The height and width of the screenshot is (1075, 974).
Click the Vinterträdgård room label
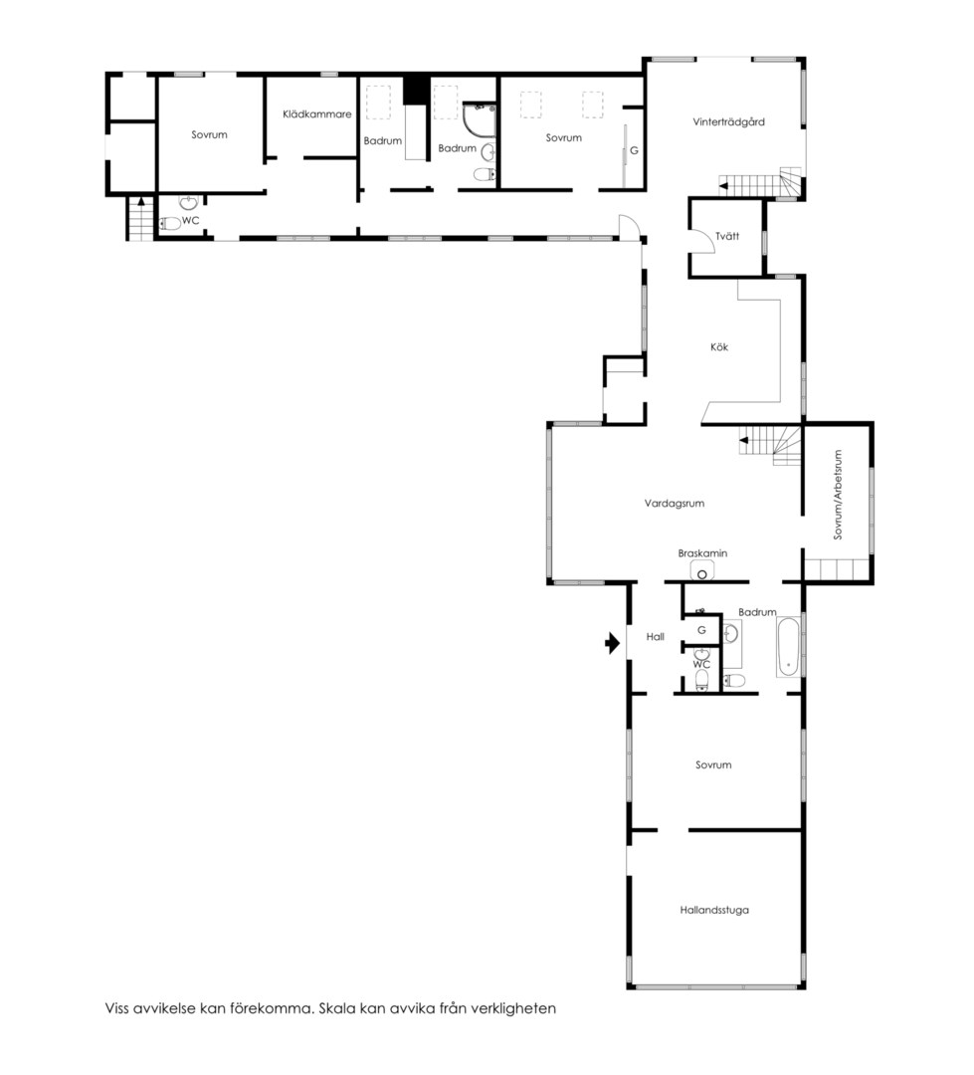click(x=728, y=122)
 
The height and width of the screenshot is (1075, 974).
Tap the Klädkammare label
click(x=316, y=113)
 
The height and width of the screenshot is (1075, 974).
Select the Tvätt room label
click(x=727, y=236)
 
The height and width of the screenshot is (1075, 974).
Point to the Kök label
click(x=719, y=347)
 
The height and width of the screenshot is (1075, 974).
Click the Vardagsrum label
click(x=674, y=504)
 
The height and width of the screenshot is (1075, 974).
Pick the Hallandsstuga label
click(x=714, y=911)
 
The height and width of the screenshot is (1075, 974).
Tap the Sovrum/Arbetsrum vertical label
click(x=837, y=495)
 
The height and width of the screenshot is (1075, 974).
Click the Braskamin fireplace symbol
click(x=701, y=571)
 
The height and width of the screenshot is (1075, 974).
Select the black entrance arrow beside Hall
click(x=612, y=644)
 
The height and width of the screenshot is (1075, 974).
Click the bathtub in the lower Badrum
click(x=788, y=648)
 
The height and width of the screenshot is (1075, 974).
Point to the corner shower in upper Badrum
click(x=480, y=119)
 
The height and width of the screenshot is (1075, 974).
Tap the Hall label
click(x=656, y=637)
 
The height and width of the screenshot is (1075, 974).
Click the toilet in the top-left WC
click(x=170, y=224)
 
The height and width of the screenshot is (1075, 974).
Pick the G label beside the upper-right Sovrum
click(x=634, y=151)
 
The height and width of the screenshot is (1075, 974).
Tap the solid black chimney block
click(x=413, y=90)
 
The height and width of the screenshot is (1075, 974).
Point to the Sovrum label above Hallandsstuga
click(x=713, y=765)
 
